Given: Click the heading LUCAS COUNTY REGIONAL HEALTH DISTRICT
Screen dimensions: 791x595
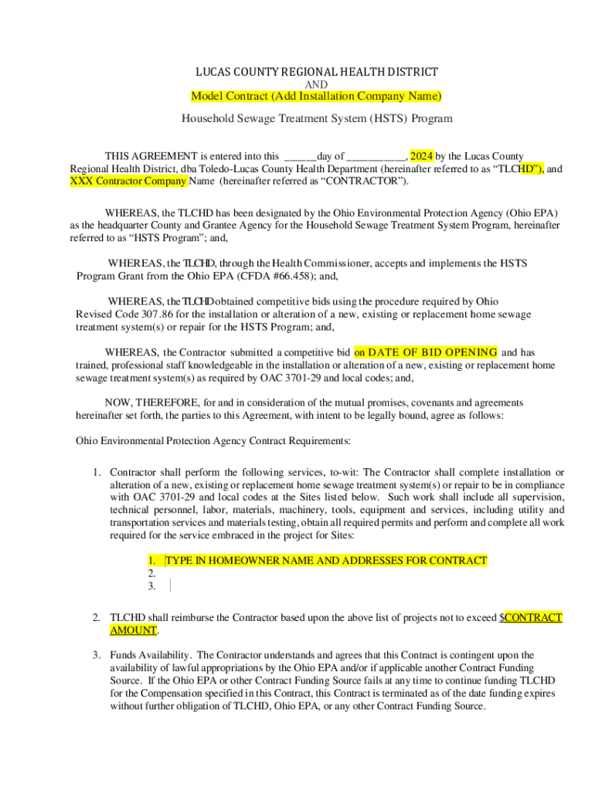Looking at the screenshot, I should [316, 72].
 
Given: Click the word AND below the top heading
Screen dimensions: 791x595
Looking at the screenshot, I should [316, 84].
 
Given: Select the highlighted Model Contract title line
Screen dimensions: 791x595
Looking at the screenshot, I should [316, 96].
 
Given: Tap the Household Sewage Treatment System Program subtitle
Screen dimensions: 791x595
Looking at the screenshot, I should [316, 119].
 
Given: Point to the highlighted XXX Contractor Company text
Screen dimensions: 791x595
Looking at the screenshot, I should [128, 181].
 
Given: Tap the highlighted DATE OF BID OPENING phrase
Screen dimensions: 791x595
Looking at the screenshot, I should [426, 352].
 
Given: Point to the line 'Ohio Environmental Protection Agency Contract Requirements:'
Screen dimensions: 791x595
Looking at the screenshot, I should [212, 440].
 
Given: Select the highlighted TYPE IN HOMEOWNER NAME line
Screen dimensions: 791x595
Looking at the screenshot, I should [325, 561].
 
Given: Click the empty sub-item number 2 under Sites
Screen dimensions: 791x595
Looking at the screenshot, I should [151, 573].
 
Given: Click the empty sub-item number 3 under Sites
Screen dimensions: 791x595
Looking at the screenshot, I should [151, 586].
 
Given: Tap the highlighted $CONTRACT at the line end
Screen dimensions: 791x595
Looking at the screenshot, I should [532, 617].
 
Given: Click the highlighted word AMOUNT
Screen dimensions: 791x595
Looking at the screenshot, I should [133, 630].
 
